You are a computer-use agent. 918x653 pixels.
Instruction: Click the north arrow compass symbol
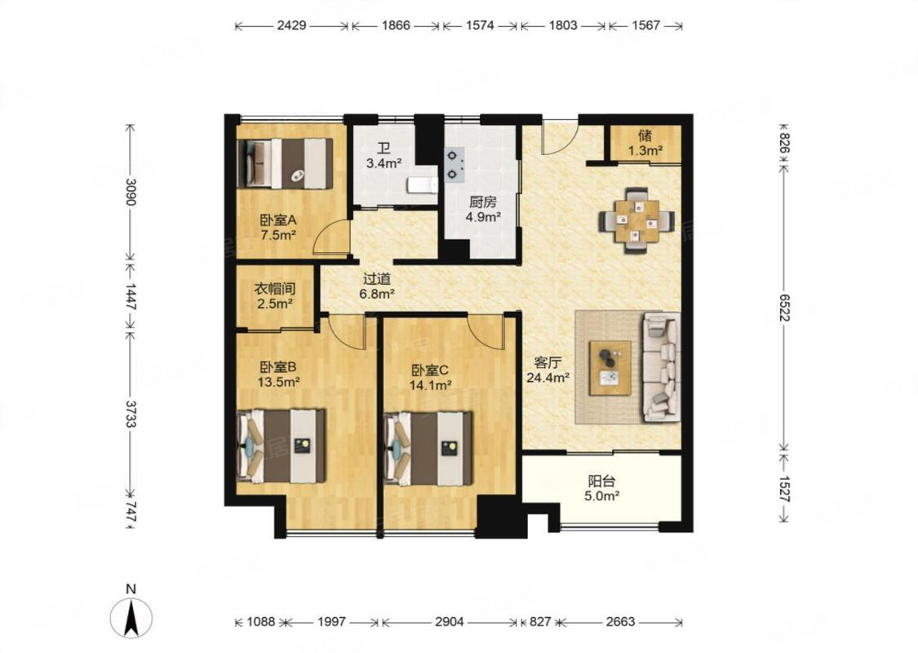click(x=131, y=617)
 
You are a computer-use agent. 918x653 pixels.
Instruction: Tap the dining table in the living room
click(x=636, y=220)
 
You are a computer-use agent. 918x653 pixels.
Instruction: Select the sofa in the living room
click(x=662, y=367)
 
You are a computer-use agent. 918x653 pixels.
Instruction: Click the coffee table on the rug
click(x=610, y=368)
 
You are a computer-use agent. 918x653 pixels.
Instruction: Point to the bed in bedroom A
click(x=285, y=163)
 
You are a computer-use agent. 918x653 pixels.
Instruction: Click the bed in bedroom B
click(x=281, y=446)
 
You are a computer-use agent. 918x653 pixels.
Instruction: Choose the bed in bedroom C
click(x=428, y=449)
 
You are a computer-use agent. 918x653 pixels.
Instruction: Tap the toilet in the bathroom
click(x=422, y=184)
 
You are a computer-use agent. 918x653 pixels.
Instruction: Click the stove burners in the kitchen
click(x=454, y=165)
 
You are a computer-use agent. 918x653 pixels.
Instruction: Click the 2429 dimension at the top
click(x=291, y=25)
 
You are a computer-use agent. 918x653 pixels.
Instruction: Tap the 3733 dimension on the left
click(x=130, y=414)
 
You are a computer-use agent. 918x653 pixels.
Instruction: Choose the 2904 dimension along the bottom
click(x=449, y=621)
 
